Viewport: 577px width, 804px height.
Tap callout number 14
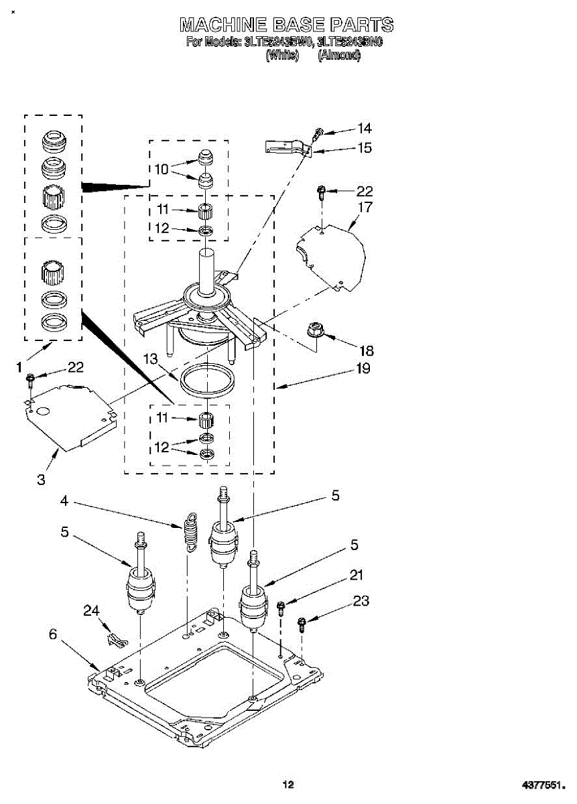[x=365, y=129]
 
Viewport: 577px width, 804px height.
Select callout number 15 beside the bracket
[x=365, y=148]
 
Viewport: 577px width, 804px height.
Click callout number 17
[x=365, y=207]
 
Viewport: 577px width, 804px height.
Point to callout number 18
[x=367, y=350]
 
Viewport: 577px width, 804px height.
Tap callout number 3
[x=42, y=479]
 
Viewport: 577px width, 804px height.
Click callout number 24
[x=90, y=610]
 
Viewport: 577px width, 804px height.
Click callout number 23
[x=361, y=601]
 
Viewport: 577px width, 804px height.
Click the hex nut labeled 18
[x=312, y=330]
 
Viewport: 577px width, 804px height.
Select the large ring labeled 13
[x=208, y=382]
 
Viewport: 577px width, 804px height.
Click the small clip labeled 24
[x=115, y=636]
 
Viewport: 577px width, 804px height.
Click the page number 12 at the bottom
[x=288, y=785]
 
